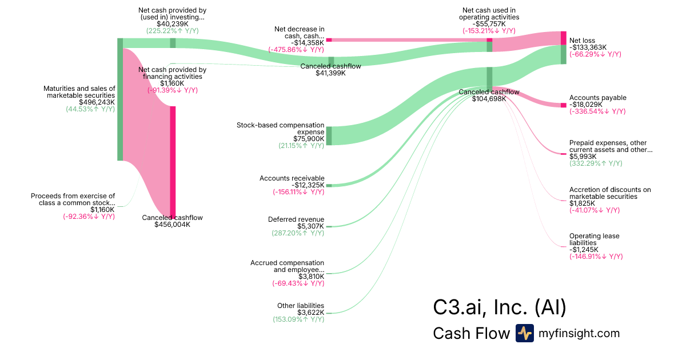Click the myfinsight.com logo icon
pos(524,333)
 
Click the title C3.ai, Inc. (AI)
pos(500,307)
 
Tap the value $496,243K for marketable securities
pos(97,102)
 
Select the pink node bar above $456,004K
pos(173,162)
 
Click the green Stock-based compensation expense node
pos(329,135)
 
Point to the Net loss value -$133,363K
pos(588,47)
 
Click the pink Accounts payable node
pos(564,105)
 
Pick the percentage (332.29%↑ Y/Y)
pos(596,163)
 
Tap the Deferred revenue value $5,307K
pos(310,226)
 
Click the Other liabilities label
pos(301,306)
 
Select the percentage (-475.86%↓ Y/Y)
pos(296,50)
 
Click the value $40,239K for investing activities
pos(173,24)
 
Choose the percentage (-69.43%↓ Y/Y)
pos(298,283)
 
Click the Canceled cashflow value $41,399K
pos(330,73)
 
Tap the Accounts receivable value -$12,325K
pos(308,185)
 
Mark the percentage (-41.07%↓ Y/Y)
pos(595,210)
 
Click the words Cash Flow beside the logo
pos(471,333)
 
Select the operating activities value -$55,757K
pos(489,24)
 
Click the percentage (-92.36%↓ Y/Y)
pos(89,217)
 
